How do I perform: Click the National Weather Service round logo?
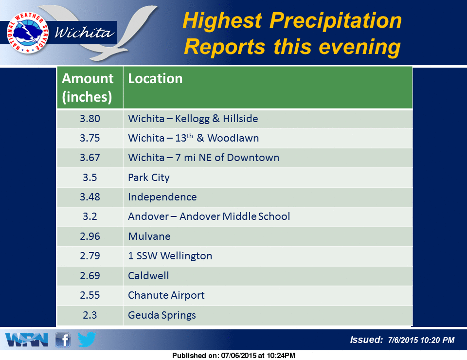[x=28, y=33]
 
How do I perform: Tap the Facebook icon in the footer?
[x=63, y=340]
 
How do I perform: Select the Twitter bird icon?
[x=87, y=340]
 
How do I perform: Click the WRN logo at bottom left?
[x=26, y=340]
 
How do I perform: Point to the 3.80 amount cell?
[x=90, y=119]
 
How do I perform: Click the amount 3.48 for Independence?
[x=90, y=197]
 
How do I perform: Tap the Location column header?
[x=155, y=79]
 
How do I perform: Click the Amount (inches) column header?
[x=87, y=88]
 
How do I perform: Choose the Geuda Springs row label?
[x=162, y=315]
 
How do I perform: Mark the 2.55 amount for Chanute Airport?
[x=90, y=295]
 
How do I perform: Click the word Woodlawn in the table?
[x=233, y=138]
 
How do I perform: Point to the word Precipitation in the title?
[x=336, y=21]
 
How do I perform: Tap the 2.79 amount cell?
[x=90, y=256]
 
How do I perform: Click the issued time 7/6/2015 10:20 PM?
[x=421, y=340]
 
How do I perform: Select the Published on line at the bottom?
[x=233, y=356]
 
